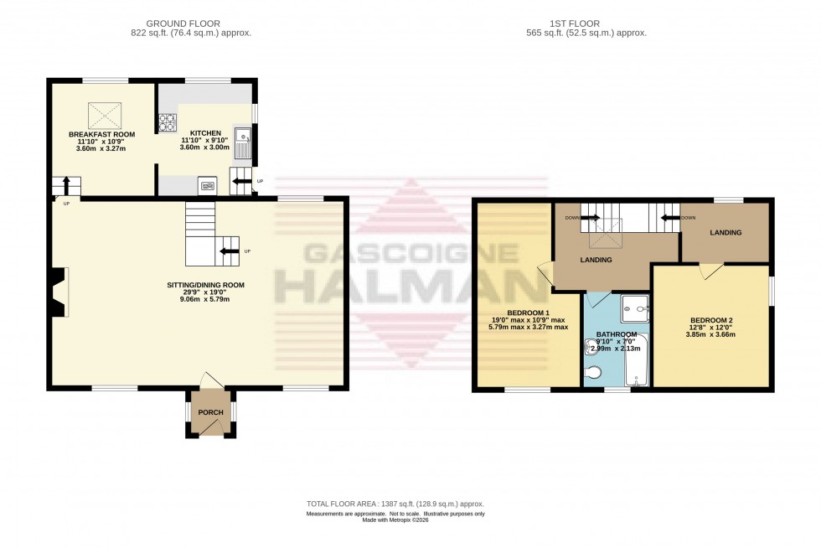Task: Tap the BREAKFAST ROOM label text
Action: pyautogui.click(x=101, y=133)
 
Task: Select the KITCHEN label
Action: pyautogui.click(x=205, y=133)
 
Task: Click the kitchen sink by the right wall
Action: pyautogui.click(x=242, y=143)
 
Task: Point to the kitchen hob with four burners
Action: pyautogui.click(x=165, y=123)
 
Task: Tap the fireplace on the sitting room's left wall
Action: pyautogui.click(x=56, y=292)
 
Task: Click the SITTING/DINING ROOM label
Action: pyautogui.click(x=205, y=285)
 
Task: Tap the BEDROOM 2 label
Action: pyautogui.click(x=711, y=320)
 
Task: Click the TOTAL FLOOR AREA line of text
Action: pyautogui.click(x=395, y=504)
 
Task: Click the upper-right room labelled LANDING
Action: pyautogui.click(x=725, y=232)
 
